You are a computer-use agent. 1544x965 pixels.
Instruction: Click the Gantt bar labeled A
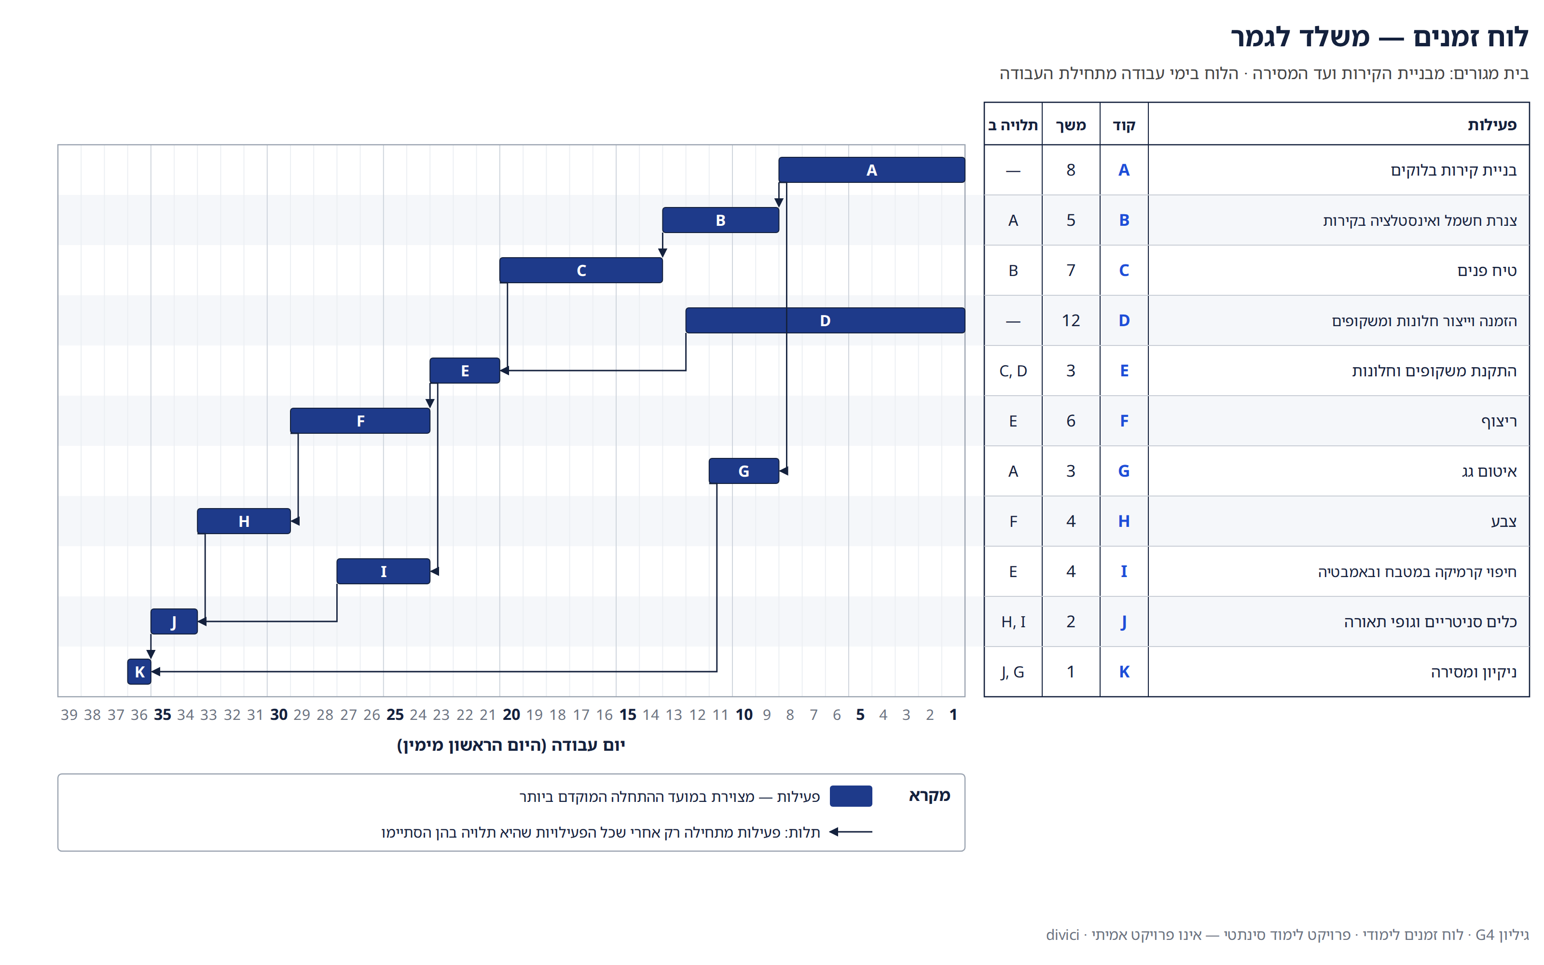point(871,170)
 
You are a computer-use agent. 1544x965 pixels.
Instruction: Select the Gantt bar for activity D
point(825,320)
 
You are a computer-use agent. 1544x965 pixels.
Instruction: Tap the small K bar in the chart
point(139,672)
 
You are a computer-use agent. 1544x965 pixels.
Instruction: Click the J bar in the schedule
point(174,621)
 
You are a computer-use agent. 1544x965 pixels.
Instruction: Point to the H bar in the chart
point(244,521)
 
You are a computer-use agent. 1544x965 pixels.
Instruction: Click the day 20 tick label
point(511,715)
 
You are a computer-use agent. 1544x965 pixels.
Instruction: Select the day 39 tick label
point(69,715)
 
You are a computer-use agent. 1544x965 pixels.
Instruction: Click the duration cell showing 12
point(1071,320)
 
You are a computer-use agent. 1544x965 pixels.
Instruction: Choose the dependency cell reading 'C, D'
point(1013,371)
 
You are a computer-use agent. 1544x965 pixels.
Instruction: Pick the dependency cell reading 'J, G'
point(1013,672)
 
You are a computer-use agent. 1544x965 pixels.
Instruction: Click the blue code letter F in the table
point(1124,421)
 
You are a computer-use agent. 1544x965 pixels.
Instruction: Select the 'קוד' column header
point(1124,125)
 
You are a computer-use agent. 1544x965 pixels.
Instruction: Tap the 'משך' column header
point(1071,125)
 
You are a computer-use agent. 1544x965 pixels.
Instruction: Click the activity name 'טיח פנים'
point(1487,271)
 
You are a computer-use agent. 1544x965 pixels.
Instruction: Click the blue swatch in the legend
point(851,796)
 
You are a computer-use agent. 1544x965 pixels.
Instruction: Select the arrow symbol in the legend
point(851,832)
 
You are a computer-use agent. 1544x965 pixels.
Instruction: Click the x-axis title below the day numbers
point(511,745)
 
